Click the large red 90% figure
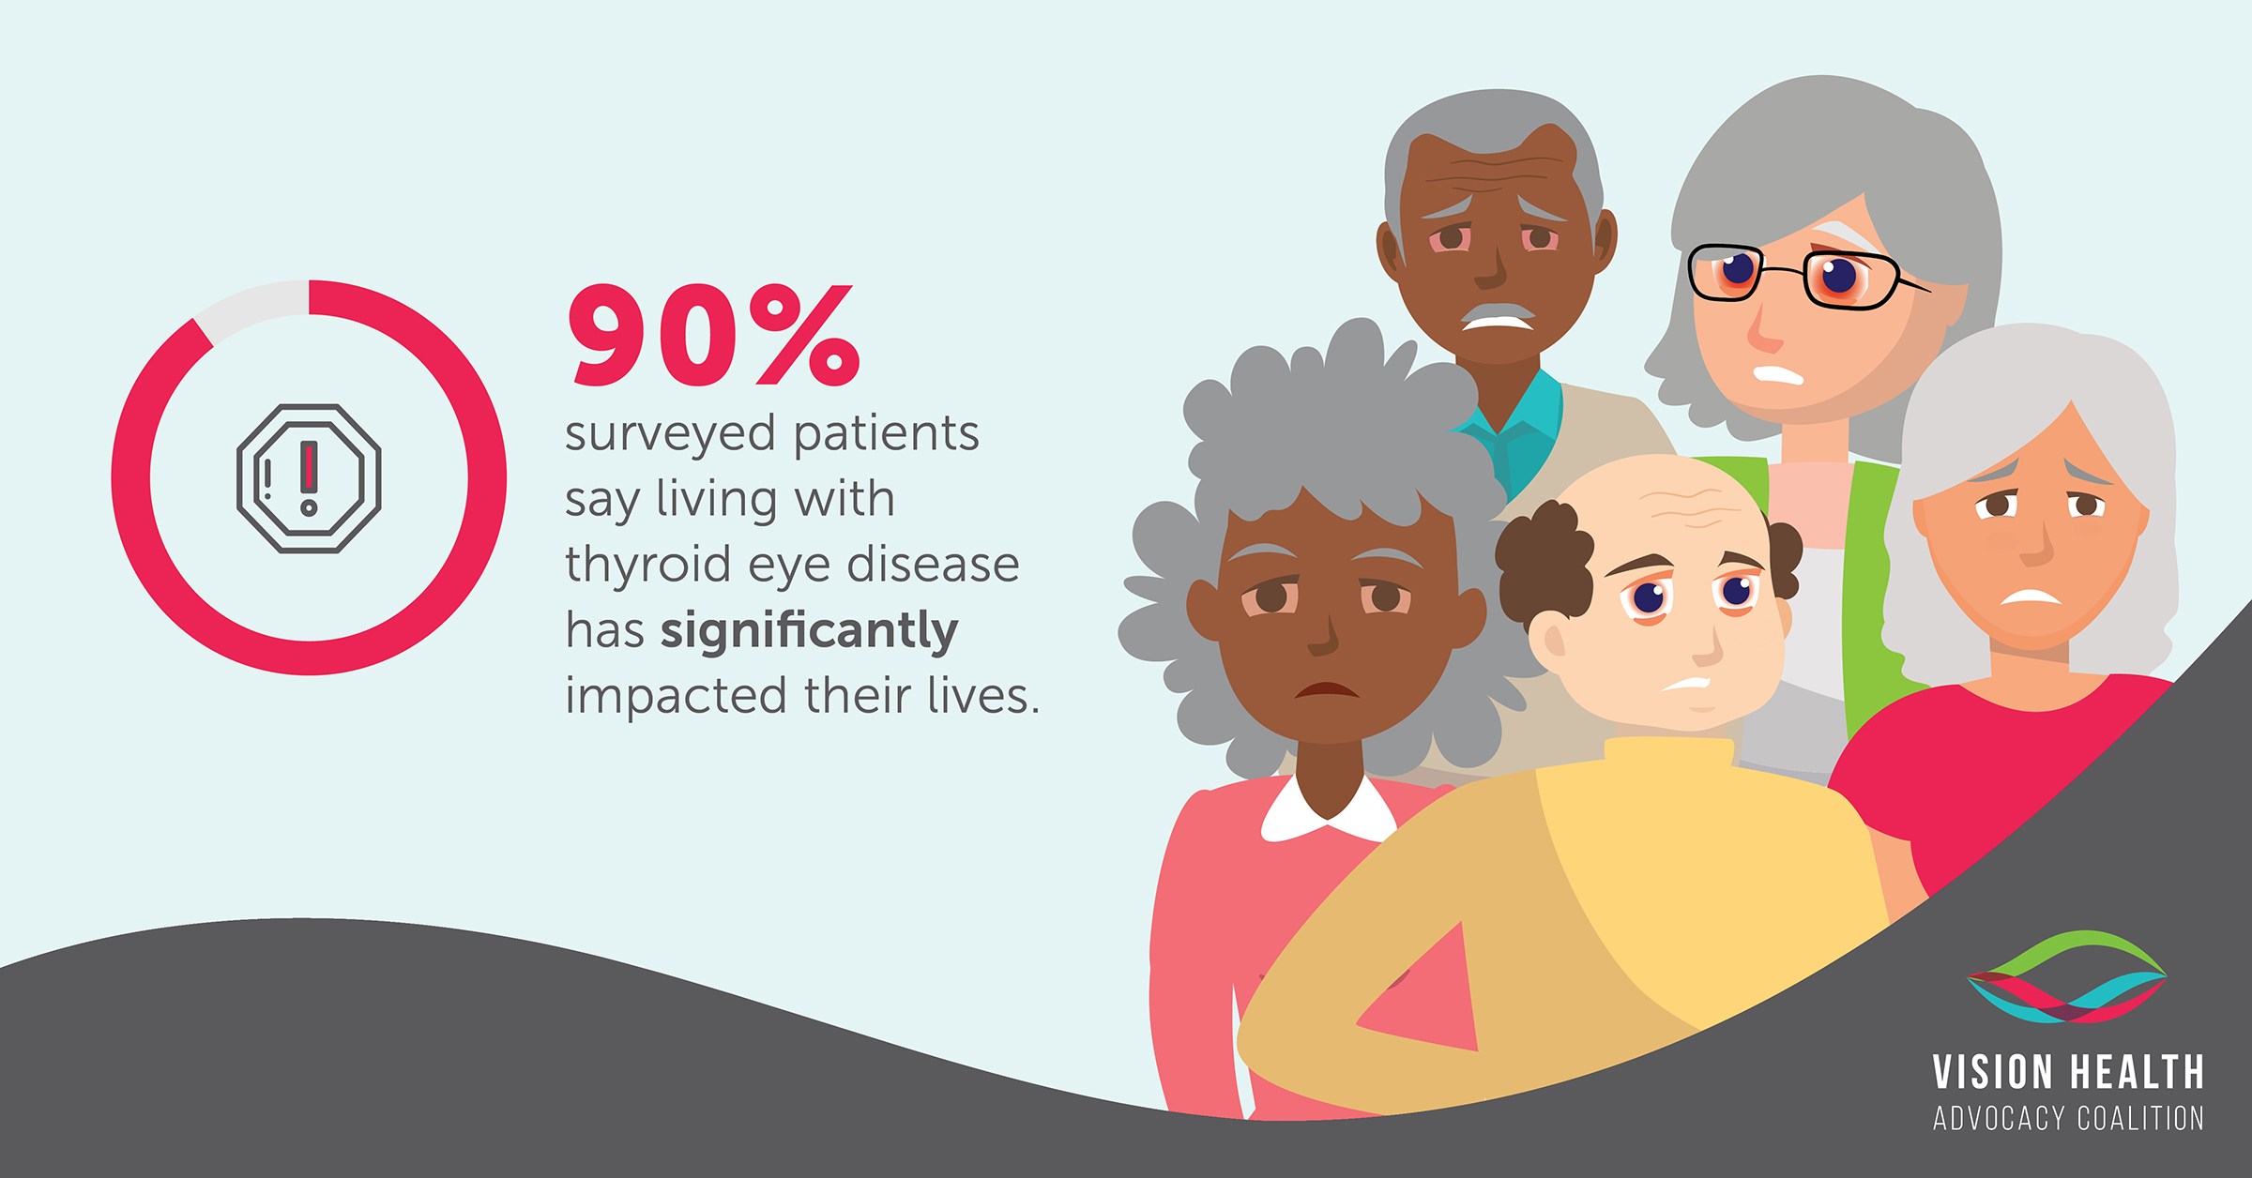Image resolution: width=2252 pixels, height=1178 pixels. click(x=714, y=335)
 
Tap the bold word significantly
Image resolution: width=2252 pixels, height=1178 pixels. click(x=809, y=631)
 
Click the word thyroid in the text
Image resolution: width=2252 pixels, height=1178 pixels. click(x=647, y=565)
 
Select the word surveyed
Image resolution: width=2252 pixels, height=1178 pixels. click(x=670, y=435)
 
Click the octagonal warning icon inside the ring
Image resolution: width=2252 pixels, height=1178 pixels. click(x=309, y=478)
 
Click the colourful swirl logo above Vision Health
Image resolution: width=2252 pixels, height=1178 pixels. click(x=2066, y=976)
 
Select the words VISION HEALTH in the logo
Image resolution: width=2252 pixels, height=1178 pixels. click(x=2068, y=1072)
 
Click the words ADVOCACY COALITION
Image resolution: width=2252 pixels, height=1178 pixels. click(x=2068, y=1118)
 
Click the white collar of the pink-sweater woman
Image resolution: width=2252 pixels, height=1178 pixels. click(x=1327, y=811)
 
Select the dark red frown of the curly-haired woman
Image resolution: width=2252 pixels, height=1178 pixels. click(x=1327, y=689)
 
